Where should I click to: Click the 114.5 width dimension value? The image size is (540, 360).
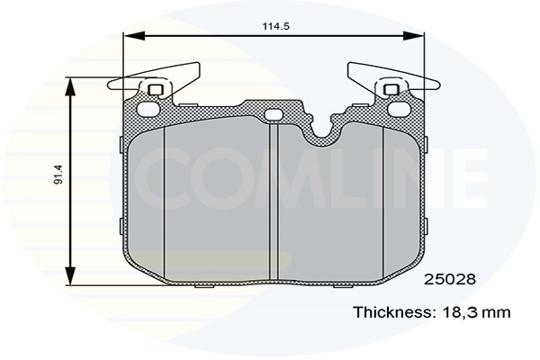tap(274, 26)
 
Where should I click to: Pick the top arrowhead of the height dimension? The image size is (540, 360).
tap(72, 84)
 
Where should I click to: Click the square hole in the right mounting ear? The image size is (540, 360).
tap(392, 89)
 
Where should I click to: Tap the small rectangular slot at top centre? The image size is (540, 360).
tap(274, 112)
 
